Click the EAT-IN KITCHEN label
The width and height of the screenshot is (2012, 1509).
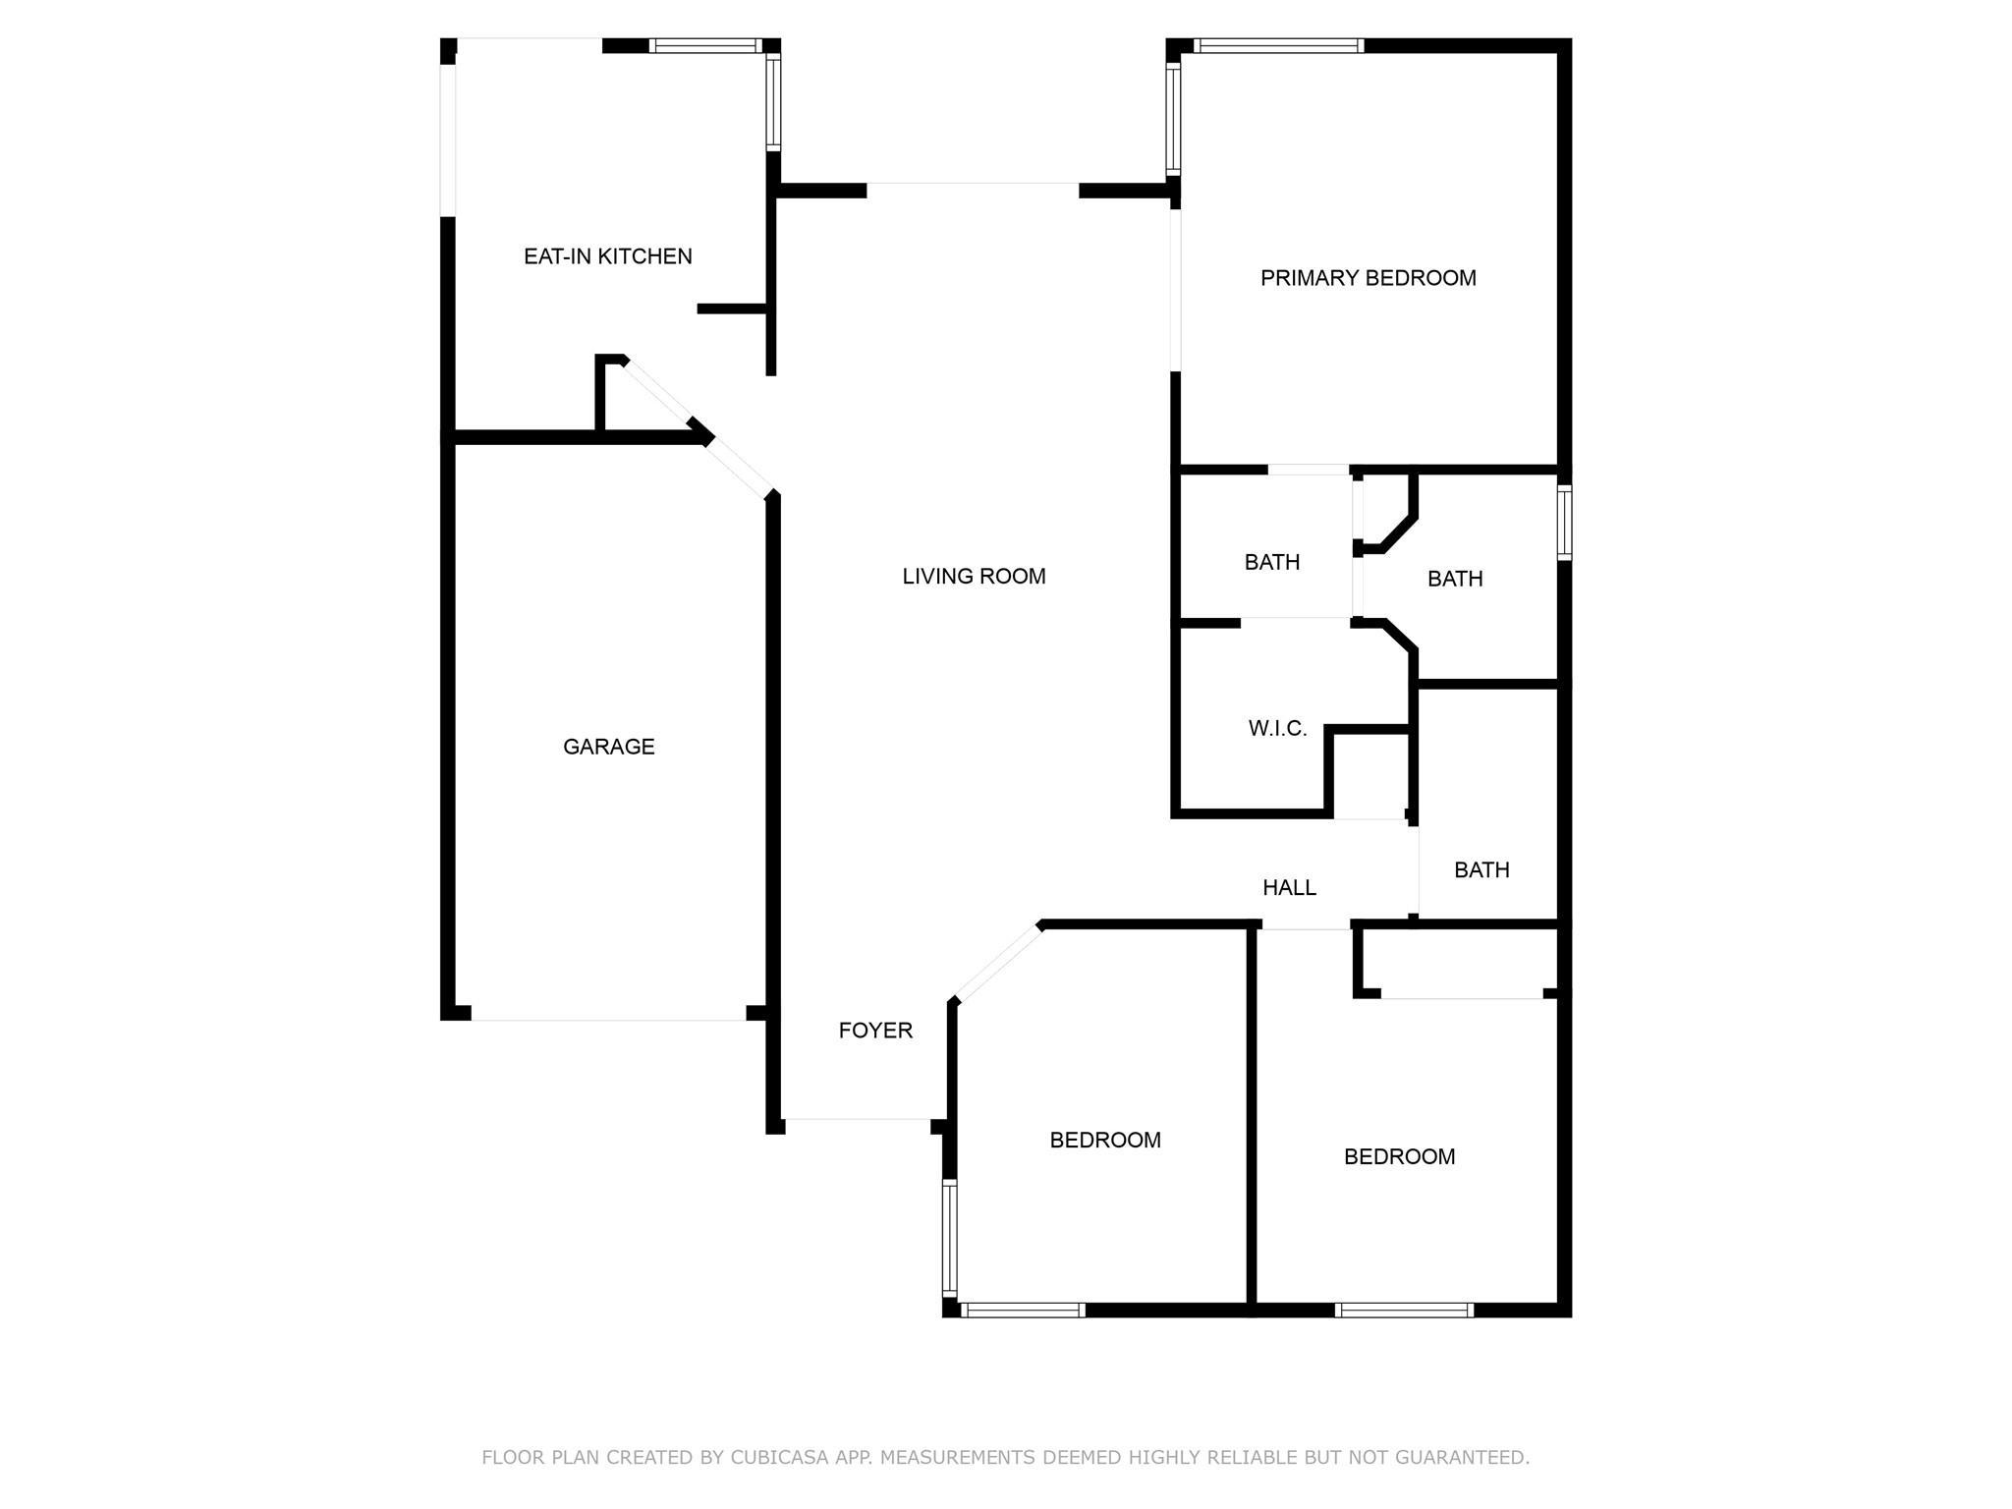(607, 256)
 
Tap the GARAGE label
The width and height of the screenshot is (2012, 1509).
(608, 747)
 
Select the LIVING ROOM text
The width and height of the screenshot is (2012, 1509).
(974, 577)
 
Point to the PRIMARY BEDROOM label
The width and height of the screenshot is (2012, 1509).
(1368, 278)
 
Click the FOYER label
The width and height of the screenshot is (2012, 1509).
(875, 1031)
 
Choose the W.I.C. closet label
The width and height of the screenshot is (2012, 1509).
(1277, 729)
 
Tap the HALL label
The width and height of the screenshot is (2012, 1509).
(1289, 888)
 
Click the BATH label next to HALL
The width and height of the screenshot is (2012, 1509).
(1481, 870)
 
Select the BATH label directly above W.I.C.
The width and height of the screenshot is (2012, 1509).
(1271, 562)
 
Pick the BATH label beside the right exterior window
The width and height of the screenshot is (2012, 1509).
(1454, 580)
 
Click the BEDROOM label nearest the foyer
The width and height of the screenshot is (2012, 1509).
(1105, 1141)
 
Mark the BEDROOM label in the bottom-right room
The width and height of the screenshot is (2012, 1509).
(1399, 1157)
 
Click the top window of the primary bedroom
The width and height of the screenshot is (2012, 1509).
(1278, 45)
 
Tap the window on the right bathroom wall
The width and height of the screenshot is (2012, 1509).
(1565, 523)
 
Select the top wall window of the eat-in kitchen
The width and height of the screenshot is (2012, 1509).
(705, 45)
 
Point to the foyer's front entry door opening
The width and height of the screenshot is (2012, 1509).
(857, 1119)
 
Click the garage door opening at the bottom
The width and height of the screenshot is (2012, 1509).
(608, 1020)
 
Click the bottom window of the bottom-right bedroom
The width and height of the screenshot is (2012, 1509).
(1404, 1310)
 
